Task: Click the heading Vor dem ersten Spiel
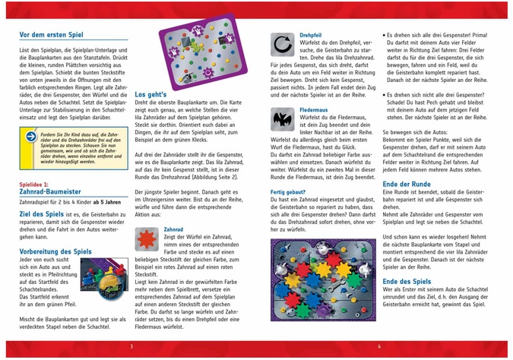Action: pos(52,35)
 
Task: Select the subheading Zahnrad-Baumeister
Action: pos(51,192)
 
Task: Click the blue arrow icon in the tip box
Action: pos(30,137)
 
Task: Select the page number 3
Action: pos(131,347)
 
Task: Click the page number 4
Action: pos(379,347)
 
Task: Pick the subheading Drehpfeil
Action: pos(310,35)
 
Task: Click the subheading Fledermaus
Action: pos(313,110)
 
